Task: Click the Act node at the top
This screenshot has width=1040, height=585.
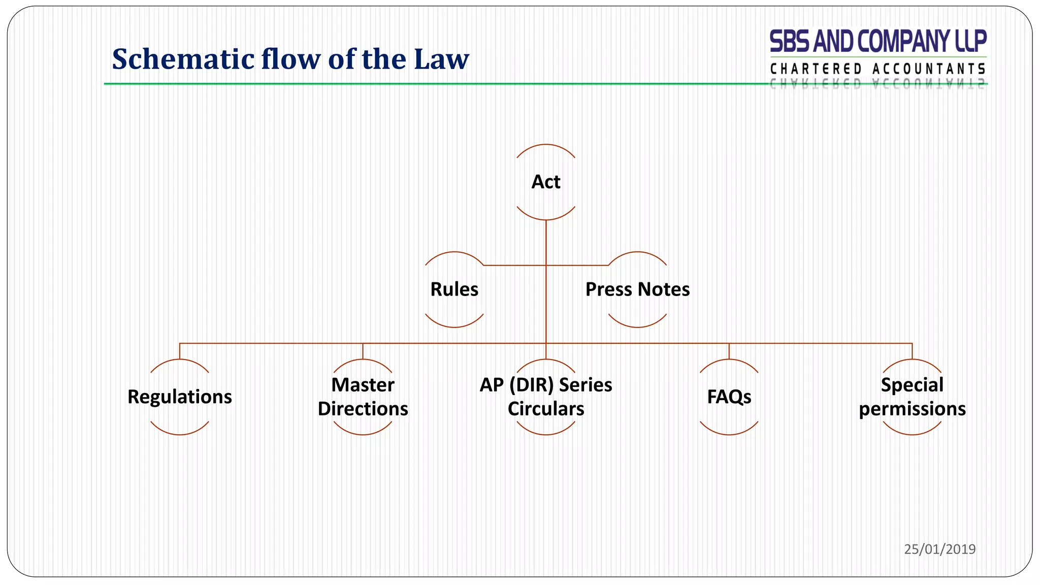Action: [546, 182]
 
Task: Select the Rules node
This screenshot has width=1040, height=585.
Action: [454, 289]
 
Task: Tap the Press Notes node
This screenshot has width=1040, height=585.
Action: [637, 289]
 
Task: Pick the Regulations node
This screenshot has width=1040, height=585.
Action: [180, 397]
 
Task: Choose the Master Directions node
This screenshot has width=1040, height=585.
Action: [363, 397]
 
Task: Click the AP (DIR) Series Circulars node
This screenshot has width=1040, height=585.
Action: [546, 397]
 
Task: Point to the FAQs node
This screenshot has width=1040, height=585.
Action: [729, 397]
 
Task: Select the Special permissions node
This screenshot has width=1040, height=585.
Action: [912, 397]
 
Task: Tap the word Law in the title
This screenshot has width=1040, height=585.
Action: [441, 59]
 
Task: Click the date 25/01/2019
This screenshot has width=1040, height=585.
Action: [939, 549]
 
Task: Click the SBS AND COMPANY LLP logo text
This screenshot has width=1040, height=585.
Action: [878, 41]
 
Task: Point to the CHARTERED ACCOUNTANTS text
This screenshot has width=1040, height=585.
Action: [878, 69]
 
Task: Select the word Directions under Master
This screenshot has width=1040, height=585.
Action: [363, 409]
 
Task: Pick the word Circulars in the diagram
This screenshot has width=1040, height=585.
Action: [546, 409]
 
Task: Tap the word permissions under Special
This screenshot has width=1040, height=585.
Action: [912, 409]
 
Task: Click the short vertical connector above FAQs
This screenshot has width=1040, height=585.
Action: [729, 351]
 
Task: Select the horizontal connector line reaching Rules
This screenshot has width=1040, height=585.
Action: [513, 265]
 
